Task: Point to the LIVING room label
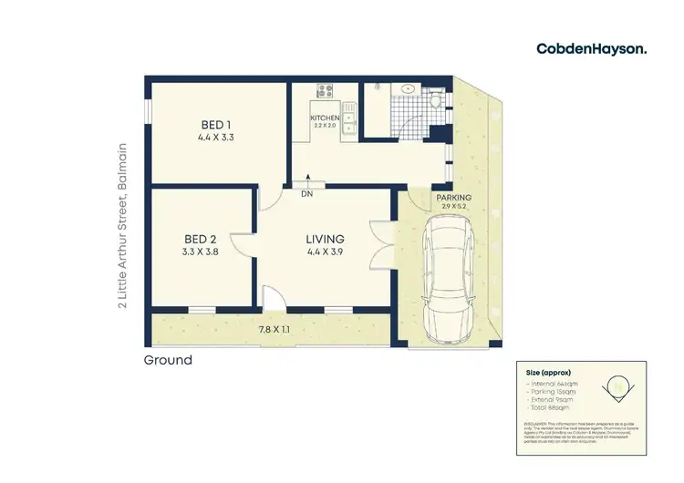point(325,240)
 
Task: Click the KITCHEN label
point(325,118)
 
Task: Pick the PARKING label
point(453,198)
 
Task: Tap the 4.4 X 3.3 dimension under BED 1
point(217,139)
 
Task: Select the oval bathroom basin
point(408,89)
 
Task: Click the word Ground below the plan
point(169,360)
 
